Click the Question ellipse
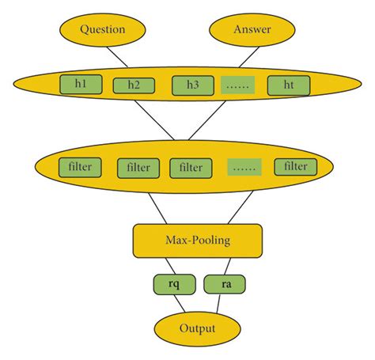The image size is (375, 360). coord(103,30)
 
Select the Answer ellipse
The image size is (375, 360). coord(252,30)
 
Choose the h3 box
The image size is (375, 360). coord(192,85)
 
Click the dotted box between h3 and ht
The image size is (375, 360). coord(240,85)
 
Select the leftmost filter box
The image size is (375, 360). coord(79,167)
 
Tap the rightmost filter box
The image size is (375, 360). coord(295,167)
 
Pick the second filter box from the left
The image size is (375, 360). coord(138,168)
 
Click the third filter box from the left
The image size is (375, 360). coord(191,168)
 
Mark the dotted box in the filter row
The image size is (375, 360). coord(245,168)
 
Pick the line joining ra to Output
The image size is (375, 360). coord(218,303)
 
